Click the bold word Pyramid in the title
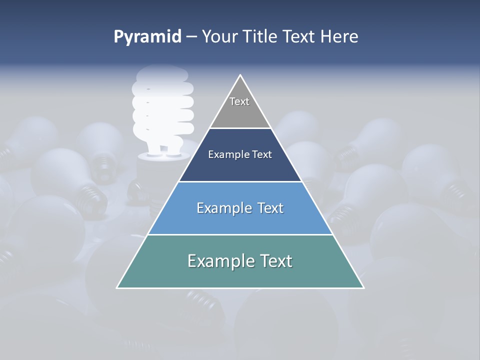tap(147, 37)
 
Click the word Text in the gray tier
tap(239, 101)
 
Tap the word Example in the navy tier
tap(226, 155)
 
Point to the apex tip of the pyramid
tap(240, 75)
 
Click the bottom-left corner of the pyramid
tap(117, 287)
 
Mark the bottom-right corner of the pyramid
tap(363, 287)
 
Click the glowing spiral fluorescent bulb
tap(162, 107)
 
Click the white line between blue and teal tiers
tap(240, 234)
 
